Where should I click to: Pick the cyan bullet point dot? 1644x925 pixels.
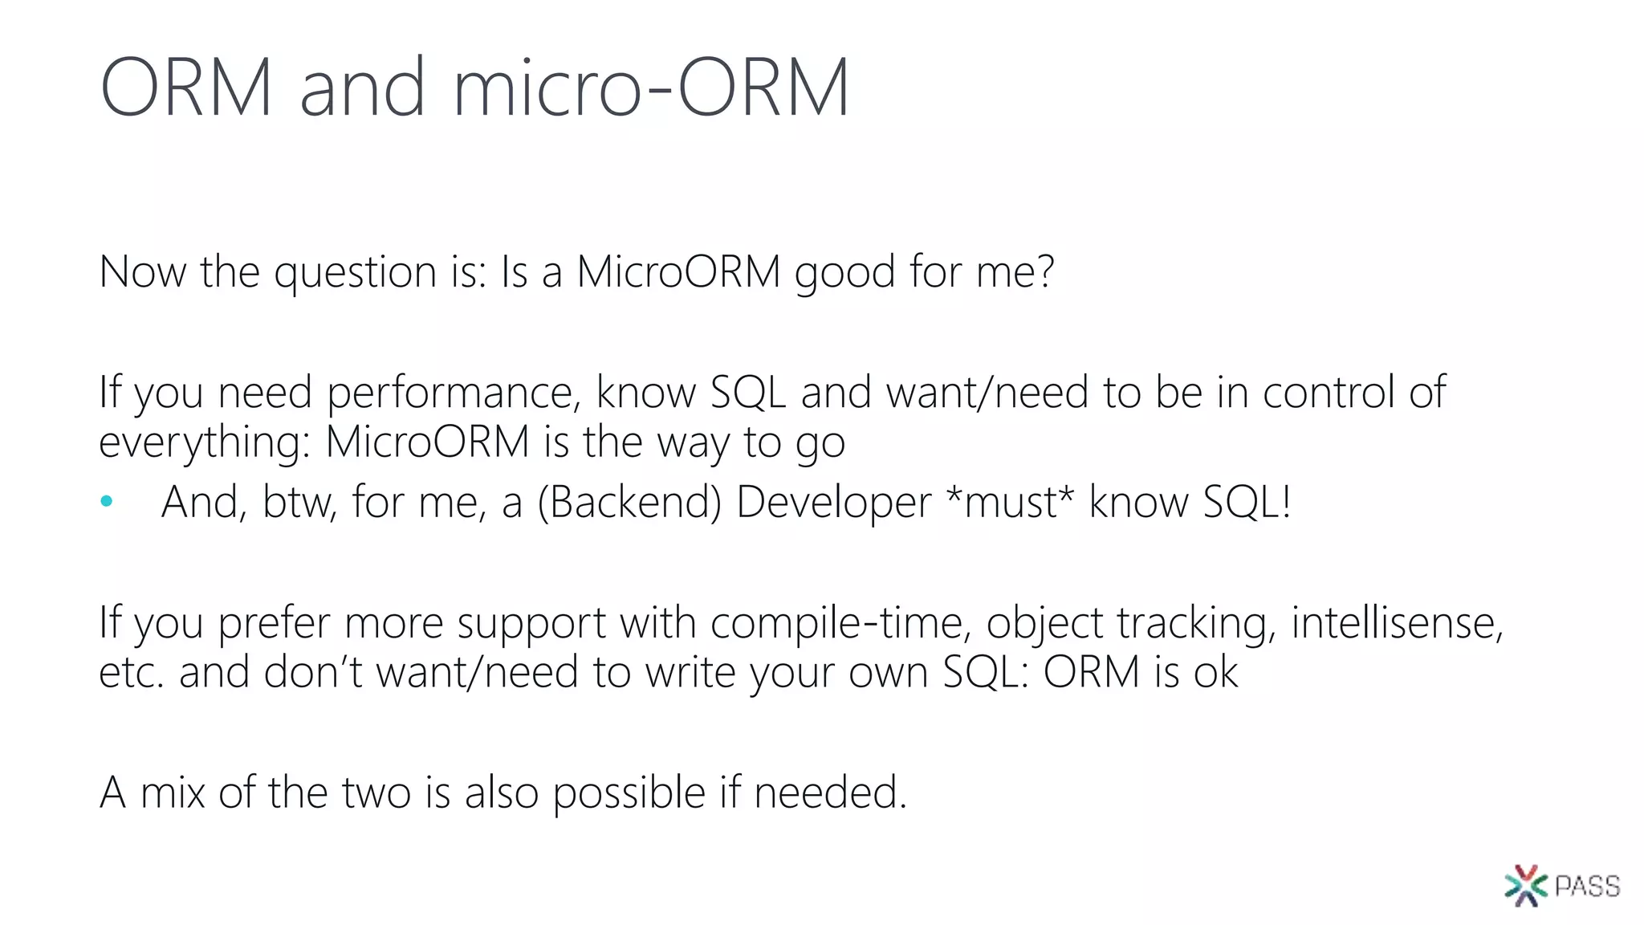107,503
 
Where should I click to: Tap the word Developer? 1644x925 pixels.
833,503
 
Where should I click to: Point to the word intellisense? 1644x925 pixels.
1397,622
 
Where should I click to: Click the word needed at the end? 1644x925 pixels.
830,793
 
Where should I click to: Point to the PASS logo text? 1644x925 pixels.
1587,886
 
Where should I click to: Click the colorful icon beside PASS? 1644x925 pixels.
1526,886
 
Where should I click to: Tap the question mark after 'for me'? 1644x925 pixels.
1044,271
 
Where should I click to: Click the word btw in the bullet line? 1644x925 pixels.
299,503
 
